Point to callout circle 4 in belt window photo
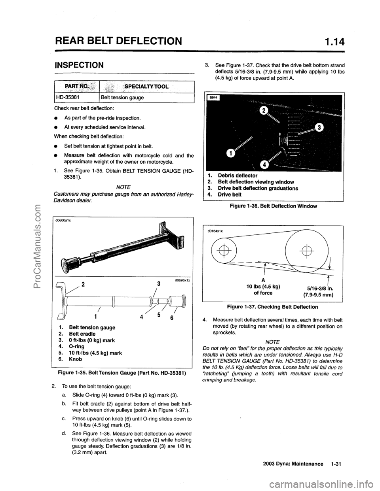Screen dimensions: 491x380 263,164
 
